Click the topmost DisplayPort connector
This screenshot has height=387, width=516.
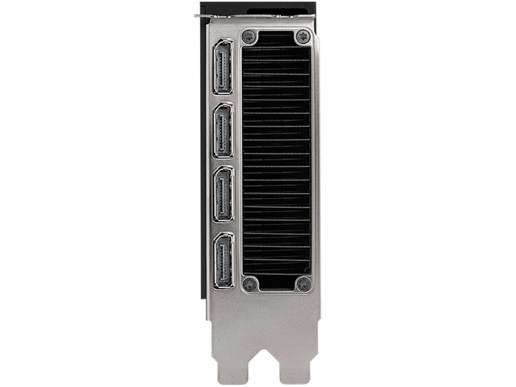point(223,67)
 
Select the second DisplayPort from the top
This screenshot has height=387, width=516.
point(223,131)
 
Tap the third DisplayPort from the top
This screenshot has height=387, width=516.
point(224,194)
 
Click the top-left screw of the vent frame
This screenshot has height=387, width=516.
point(249,37)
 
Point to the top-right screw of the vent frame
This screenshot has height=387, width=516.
point(303,37)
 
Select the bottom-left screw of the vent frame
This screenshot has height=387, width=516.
point(249,284)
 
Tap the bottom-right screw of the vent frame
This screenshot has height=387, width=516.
point(304,284)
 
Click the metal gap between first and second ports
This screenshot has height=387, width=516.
point(223,98)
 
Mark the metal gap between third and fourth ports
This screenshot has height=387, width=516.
point(224,227)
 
